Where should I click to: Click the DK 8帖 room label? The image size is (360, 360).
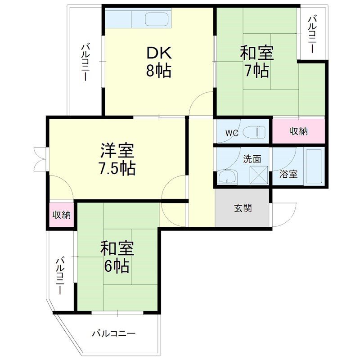pyautogui.click(x=158, y=62)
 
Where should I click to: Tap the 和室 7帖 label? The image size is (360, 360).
pyautogui.click(x=257, y=62)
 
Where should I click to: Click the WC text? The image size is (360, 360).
pyautogui.click(x=232, y=133)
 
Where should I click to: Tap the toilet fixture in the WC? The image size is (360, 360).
pyautogui.click(x=255, y=132)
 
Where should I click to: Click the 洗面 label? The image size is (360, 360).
pyautogui.click(x=252, y=158)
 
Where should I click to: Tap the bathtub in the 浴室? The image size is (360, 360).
pyautogui.click(x=314, y=166)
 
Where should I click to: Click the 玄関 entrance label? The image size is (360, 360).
pyautogui.click(x=243, y=208)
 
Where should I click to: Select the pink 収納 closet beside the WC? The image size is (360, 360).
pyautogui.click(x=298, y=131)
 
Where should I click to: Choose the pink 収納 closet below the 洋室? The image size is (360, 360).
pyautogui.click(x=62, y=215)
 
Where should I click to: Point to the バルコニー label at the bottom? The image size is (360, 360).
pyautogui.click(x=113, y=333)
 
